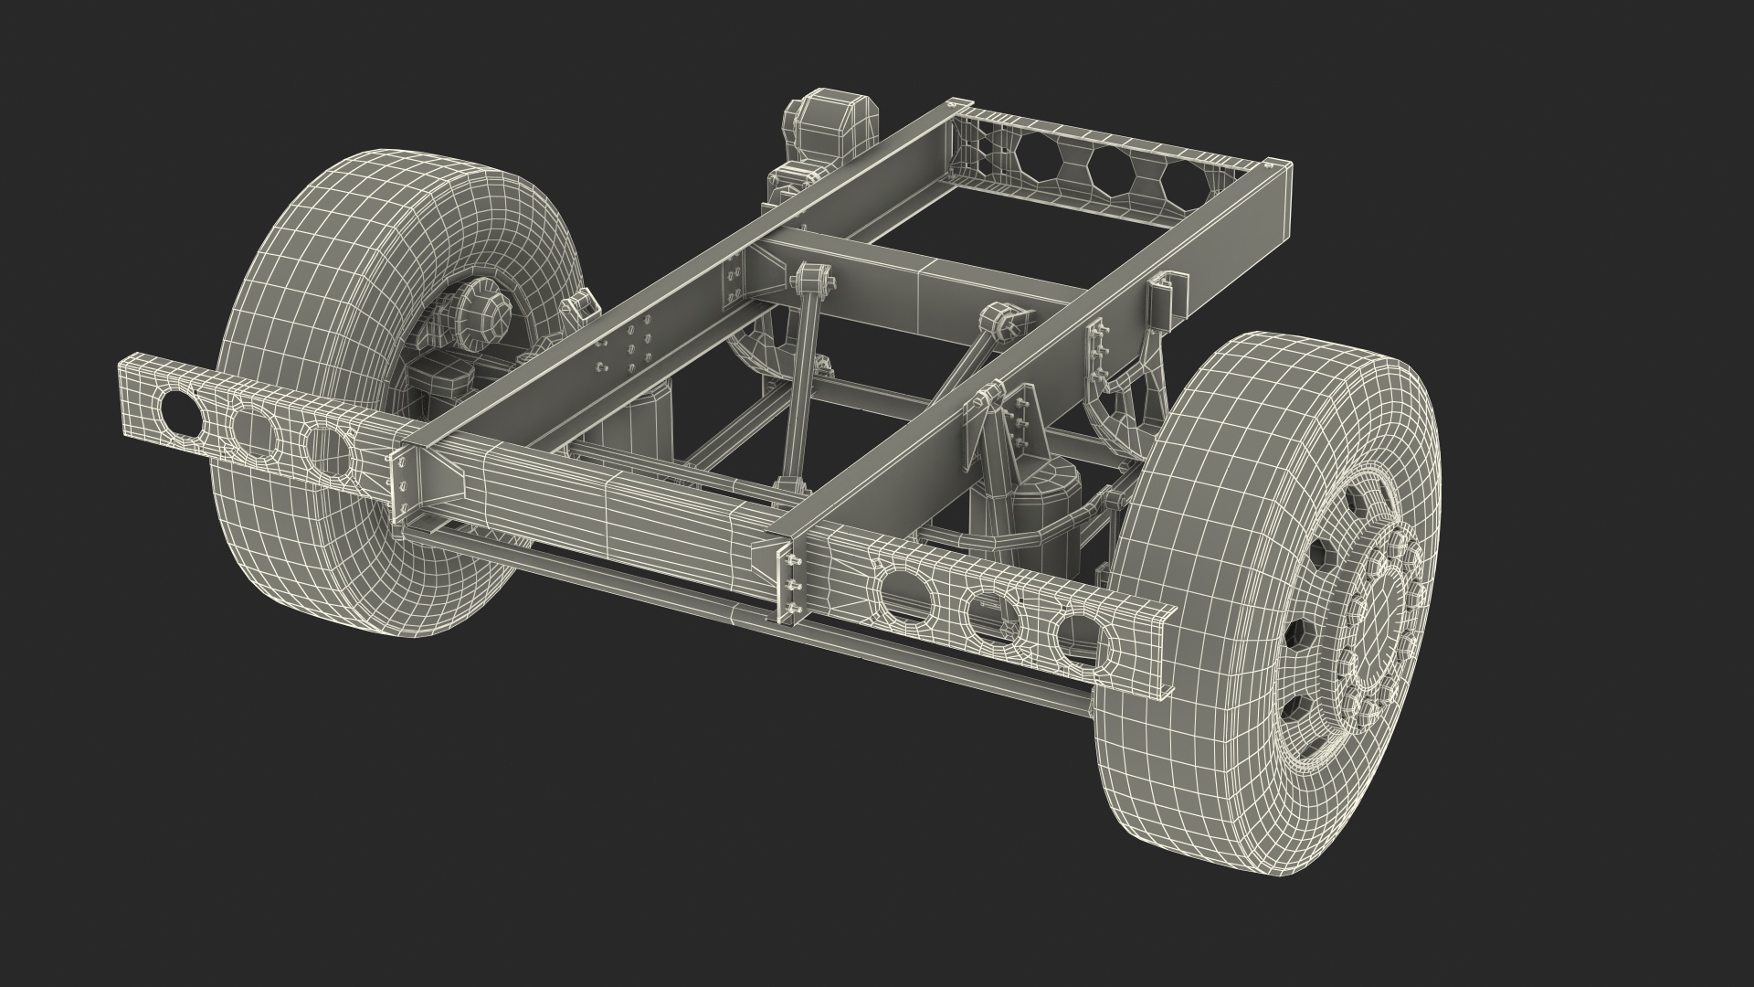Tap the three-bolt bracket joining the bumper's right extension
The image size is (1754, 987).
pyautogui.click(x=792, y=585)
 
